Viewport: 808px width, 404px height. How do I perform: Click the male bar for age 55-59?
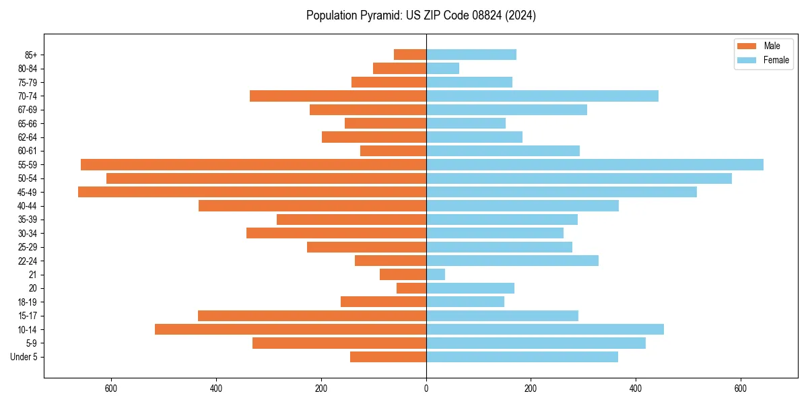(253, 164)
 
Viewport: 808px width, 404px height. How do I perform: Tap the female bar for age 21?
(436, 274)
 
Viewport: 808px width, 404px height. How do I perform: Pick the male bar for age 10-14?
(290, 329)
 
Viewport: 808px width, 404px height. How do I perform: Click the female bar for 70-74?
(542, 96)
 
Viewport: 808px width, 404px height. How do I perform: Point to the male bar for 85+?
(410, 55)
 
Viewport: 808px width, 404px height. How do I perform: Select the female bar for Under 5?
(522, 357)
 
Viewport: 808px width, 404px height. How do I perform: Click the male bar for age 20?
(411, 288)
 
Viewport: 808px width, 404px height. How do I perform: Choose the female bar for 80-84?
(442, 68)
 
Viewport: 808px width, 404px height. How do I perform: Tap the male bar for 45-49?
(252, 192)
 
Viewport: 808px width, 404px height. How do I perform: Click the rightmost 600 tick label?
(741, 389)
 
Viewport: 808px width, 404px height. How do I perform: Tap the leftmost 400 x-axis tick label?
(216, 389)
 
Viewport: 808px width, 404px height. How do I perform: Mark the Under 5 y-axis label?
(24, 357)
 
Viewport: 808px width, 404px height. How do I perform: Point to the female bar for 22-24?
(512, 261)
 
